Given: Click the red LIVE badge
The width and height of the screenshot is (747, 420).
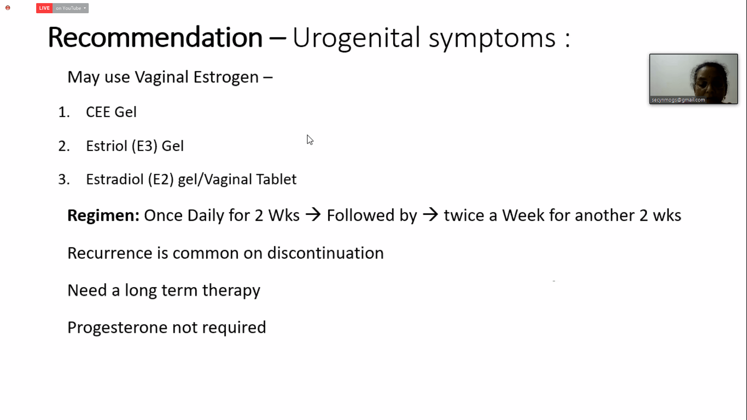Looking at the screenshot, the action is [44, 8].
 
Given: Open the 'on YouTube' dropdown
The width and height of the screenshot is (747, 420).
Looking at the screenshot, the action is [70, 8].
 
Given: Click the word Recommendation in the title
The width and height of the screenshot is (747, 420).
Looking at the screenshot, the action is [155, 37].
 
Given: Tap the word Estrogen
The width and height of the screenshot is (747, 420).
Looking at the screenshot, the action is [226, 77].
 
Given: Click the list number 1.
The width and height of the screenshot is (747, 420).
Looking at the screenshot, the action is [64, 112].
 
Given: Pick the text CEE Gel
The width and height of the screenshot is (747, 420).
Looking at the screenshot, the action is [111, 112].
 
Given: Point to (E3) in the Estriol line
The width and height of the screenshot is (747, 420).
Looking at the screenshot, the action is [144, 146].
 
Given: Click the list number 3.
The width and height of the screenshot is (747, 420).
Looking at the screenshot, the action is [64, 180].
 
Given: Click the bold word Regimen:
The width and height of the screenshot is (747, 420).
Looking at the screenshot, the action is [103, 215].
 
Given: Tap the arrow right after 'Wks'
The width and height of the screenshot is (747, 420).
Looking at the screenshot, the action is [313, 215].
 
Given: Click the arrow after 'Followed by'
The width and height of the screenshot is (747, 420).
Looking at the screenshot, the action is [430, 215].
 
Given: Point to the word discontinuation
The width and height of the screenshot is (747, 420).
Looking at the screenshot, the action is [326, 253].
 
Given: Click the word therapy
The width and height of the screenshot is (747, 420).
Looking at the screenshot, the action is [231, 291].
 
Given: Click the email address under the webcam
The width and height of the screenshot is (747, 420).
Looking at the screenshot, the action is [678, 100].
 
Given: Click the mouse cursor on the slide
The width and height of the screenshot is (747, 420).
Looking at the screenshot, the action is [310, 140].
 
